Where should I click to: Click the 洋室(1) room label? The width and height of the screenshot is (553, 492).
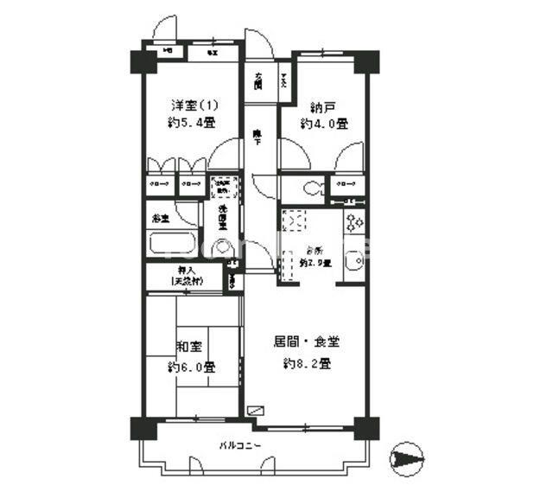(194, 105)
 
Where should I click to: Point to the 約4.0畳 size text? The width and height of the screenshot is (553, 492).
(324, 124)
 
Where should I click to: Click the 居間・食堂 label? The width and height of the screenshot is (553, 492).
(307, 342)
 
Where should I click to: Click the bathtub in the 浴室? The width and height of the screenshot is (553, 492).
(175, 245)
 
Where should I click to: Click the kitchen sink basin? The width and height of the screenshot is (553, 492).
(353, 263)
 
